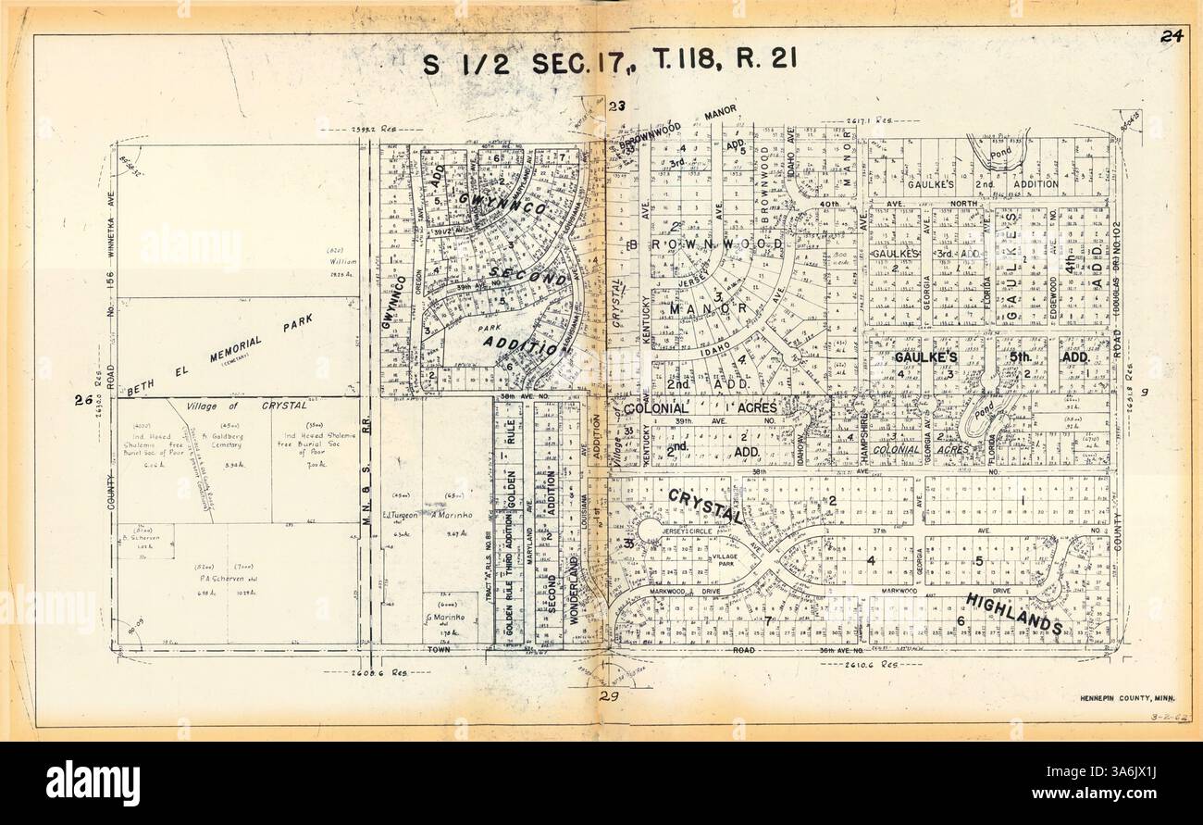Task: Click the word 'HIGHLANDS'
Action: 1013,614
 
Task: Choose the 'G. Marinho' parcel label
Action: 442,618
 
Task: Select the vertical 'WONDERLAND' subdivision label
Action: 574,592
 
